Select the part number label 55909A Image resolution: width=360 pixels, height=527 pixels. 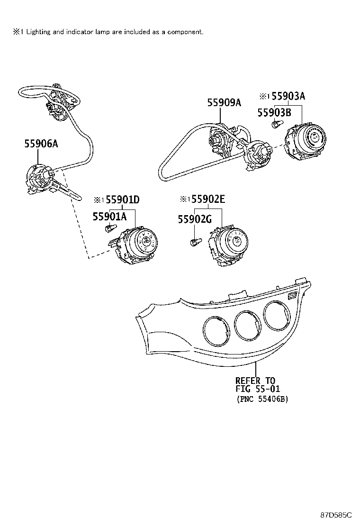click(x=224, y=102)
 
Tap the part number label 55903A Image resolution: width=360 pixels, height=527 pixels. click(x=288, y=96)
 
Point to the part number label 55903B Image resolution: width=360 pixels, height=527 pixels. click(x=273, y=112)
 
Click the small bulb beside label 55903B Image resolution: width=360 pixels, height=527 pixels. click(x=275, y=125)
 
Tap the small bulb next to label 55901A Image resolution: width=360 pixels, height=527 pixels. click(x=109, y=229)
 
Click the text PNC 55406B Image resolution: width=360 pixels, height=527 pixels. click(x=262, y=399)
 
